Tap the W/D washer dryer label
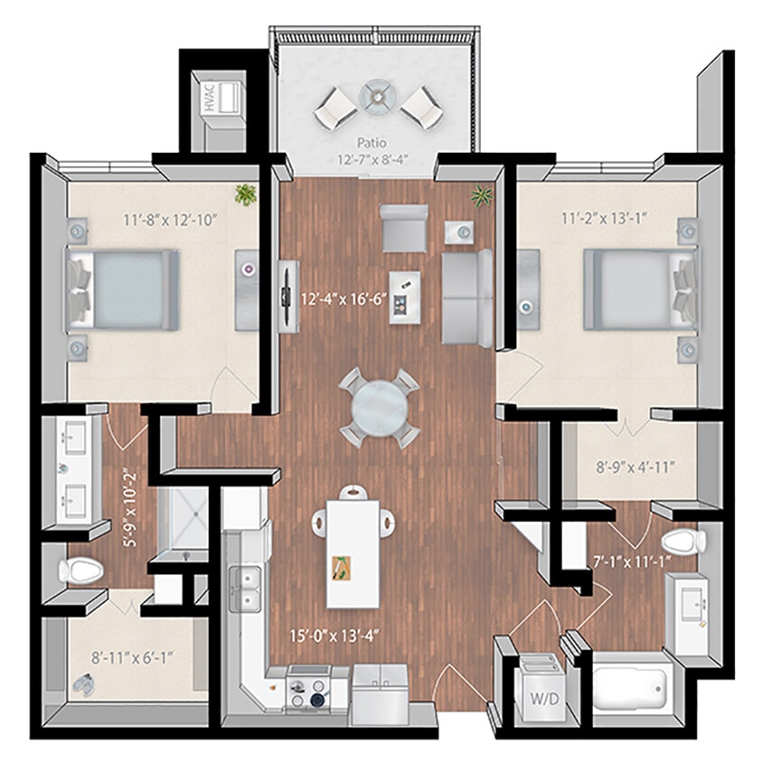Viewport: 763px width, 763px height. (540, 698)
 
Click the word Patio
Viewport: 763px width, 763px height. (372, 143)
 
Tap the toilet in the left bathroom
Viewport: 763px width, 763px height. (79, 570)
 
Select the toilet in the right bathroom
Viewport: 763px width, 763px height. (682, 543)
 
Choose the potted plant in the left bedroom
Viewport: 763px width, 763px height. (245, 194)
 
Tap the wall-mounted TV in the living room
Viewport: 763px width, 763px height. (287, 296)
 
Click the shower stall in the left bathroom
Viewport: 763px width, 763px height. (185, 521)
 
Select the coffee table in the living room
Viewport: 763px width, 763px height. (404, 297)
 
